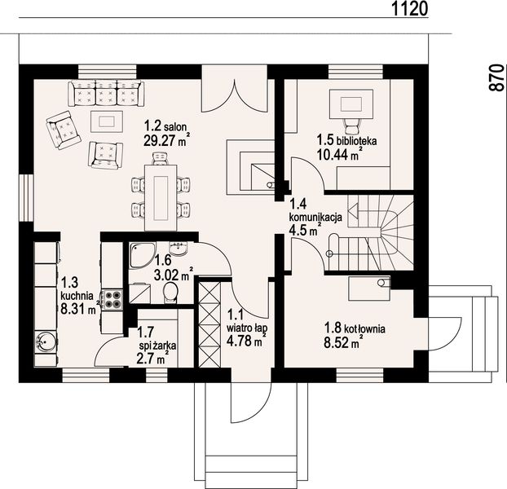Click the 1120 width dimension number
[410, 8]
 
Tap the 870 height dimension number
[497, 78]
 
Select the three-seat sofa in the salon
[106, 94]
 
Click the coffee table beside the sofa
[107, 121]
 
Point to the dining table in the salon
[161, 197]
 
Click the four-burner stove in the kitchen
[112, 299]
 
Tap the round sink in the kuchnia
[46, 341]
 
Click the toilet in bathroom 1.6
[170, 292]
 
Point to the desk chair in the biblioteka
[351, 126]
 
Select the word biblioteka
[357, 141]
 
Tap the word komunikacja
[315, 217]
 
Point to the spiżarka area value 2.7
[145, 359]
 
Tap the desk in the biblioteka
[351, 104]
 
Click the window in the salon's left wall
[26, 198]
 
